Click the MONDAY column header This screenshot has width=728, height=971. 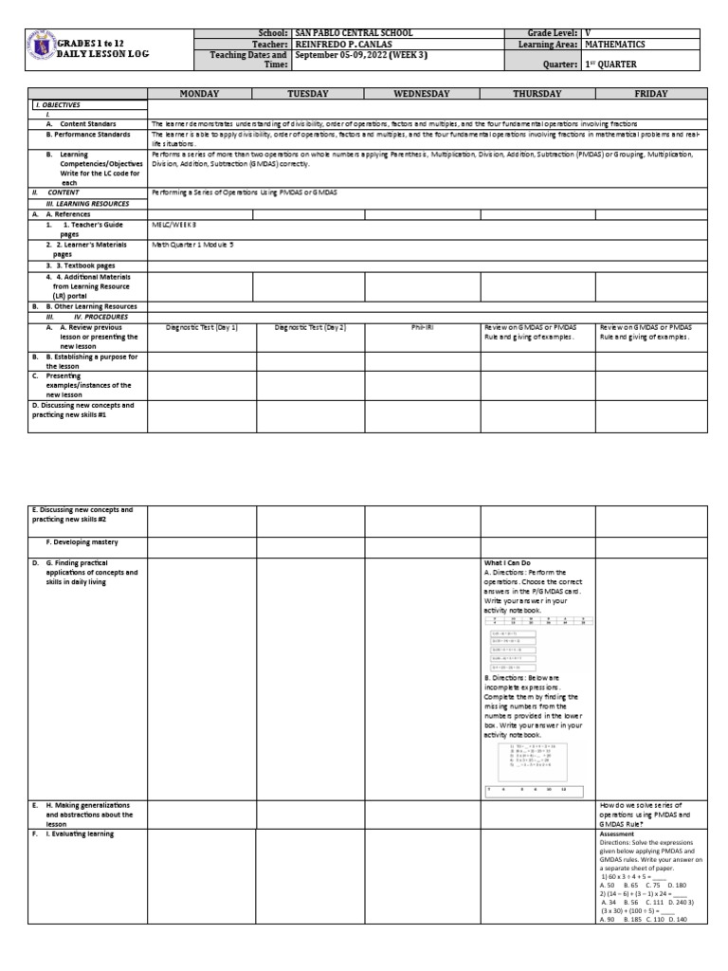pos(202,94)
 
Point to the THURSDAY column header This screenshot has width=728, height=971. pos(537,94)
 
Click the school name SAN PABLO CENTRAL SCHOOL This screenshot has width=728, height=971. pos(355,33)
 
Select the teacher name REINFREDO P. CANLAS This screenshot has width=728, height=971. pos(346,44)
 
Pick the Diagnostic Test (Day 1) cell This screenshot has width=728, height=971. pos(201,327)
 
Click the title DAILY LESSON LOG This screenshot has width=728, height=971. pos(102,54)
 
